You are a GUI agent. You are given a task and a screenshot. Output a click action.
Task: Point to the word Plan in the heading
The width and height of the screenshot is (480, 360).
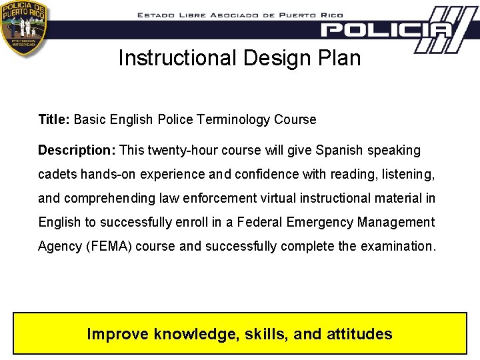[341, 58]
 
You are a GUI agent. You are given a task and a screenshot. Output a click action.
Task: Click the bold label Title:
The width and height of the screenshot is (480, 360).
[54, 120]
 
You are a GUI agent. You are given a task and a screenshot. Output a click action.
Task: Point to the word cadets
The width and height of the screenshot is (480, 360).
[57, 174]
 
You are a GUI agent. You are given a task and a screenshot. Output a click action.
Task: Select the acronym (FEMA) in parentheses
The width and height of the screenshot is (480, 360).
[109, 246]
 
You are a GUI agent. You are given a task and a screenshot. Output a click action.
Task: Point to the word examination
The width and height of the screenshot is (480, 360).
[398, 246]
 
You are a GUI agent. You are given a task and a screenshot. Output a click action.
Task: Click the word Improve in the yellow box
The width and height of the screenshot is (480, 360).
[118, 334]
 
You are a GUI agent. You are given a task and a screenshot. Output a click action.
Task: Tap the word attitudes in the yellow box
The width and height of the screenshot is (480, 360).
[359, 334]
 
